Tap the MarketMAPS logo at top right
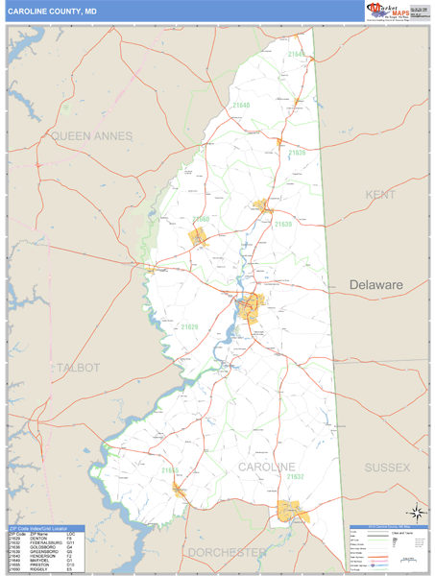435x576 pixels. tap(385, 11)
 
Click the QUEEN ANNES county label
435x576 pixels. tap(92, 136)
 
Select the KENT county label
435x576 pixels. tap(380, 195)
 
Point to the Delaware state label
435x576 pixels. tap(375, 285)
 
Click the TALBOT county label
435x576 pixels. tap(78, 368)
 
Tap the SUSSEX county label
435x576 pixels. tap(387, 467)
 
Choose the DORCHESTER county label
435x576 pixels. tap(226, 553)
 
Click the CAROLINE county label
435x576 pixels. tap(266, 467)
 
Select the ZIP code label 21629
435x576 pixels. tap(188, 328)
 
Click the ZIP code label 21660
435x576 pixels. tap(200, 220)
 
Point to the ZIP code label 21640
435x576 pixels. tap(240, 106)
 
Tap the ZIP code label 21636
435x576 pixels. tap(297, 153)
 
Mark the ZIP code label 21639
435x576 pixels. tap(282, 224)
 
